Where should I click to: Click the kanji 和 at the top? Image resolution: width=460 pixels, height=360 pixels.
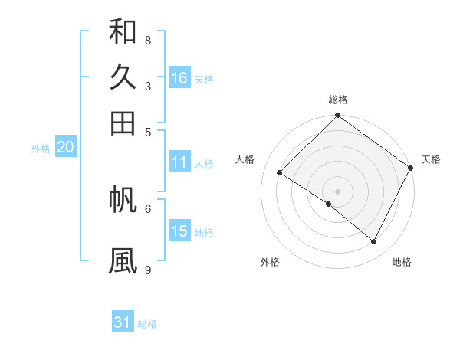point(123,31)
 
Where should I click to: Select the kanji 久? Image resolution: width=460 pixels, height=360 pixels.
point(123,77)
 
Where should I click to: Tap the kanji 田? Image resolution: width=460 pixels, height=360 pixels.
point(123,123)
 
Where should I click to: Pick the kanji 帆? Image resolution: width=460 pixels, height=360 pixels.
point(123,199)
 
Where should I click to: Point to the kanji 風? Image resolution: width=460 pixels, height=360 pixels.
point(123,260)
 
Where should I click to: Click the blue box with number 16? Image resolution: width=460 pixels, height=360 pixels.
point(179,77)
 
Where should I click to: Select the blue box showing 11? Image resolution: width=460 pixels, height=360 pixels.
point(179,162)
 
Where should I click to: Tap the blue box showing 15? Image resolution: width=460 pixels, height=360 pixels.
point(179,231)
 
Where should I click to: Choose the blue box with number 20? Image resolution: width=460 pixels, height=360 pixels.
point(65,148)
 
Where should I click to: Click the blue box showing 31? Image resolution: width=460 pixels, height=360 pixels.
point(123,322)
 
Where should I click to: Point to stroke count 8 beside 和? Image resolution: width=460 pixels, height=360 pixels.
point(148,40)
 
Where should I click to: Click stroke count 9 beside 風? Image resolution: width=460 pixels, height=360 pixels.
point(148,270)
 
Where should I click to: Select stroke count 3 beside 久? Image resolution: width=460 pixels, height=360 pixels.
point(148,86)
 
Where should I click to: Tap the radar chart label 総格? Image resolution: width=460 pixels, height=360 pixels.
point(338,100)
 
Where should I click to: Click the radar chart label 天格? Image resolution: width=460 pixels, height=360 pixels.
point(431,159)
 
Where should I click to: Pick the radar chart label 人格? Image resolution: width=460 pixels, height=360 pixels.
point(245,159)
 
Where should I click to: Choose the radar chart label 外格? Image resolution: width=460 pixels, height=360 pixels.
point(270,262)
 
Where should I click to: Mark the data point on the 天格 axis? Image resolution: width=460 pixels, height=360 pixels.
point(411,168)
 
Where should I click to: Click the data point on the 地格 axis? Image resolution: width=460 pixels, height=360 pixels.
point(374,242)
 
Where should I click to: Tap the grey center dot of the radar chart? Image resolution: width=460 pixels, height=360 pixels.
point(338,191)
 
